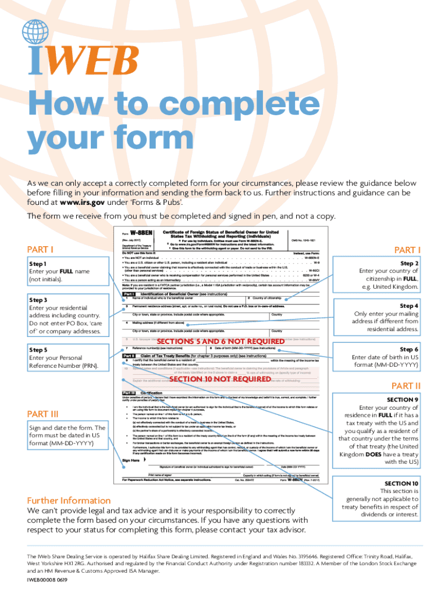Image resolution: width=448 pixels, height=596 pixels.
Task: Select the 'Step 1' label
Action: coord(38,263)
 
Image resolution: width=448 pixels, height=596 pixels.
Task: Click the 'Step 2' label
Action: coord(410,262)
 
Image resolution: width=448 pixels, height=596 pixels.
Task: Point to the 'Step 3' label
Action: coord(38,299)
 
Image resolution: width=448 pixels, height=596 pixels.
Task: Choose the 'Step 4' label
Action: coord(410,306)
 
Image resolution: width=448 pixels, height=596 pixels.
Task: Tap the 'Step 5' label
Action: coord(38,350)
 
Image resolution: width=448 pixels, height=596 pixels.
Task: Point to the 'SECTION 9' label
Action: coord(403,400)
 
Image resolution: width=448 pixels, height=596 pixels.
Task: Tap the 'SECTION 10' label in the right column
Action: coord(401,484)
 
